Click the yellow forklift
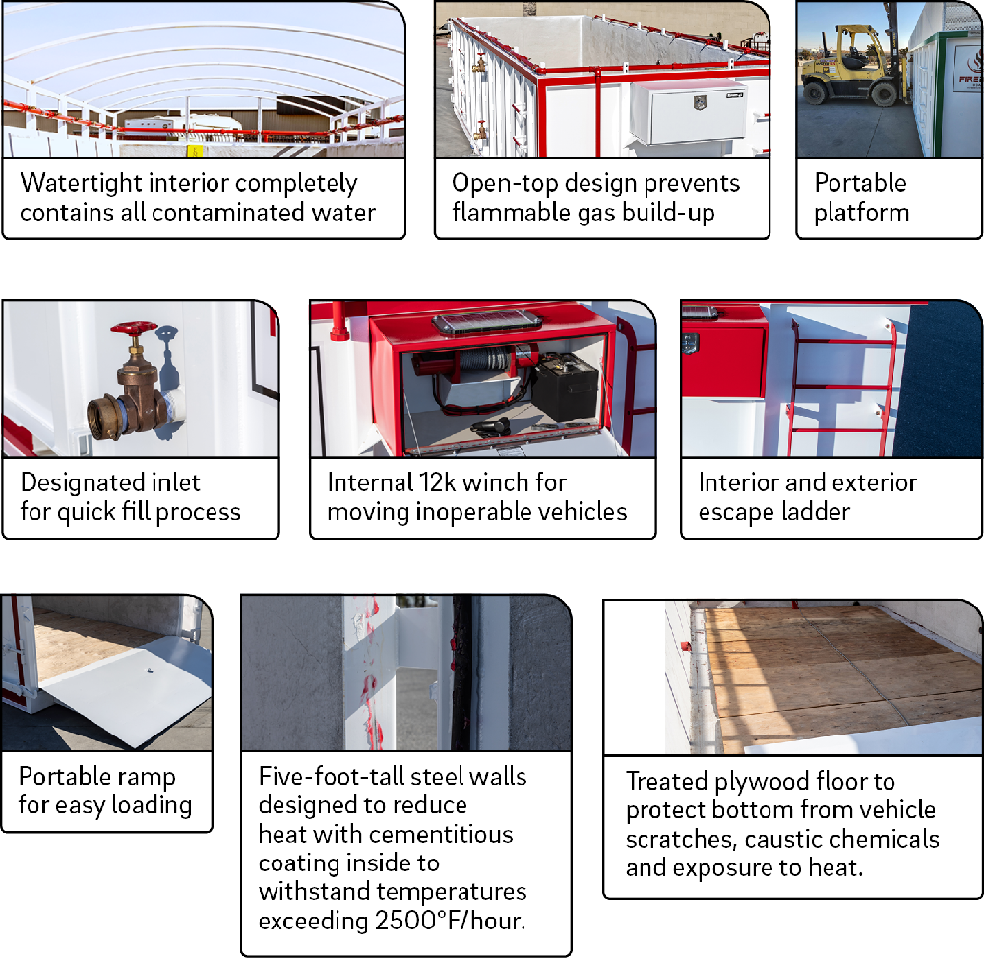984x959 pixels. click(852, 65)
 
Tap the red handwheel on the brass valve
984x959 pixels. click(134, 328)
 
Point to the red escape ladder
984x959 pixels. click(841, 386)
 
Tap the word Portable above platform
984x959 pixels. click(860, 183)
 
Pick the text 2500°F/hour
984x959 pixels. click(450, 921)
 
